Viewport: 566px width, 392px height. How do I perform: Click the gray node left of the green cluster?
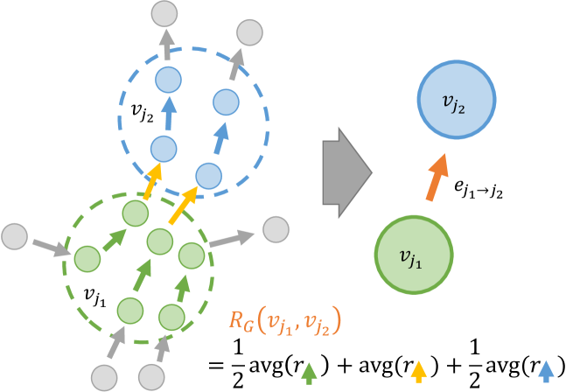[16, 235]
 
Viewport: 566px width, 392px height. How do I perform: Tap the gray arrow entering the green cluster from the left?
[49, 245]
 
